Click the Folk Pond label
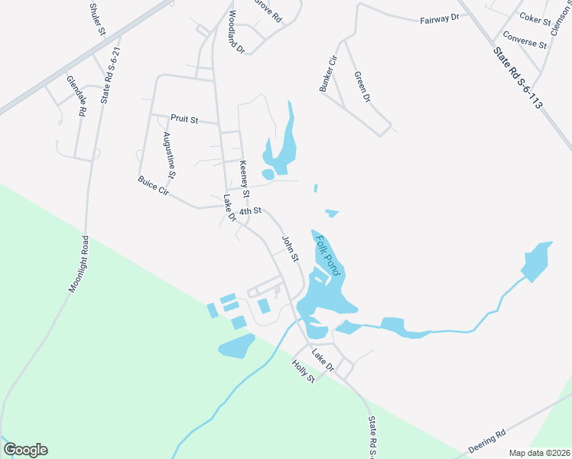pos(326,256)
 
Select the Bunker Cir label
pos(328,73)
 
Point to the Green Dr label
pos(362,87)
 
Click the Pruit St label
pos(184,119)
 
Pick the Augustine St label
pos(170,155)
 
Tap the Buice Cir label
pos(152,186)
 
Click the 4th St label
pos(251,210)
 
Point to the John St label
pos(290,249)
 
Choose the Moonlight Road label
pos(79,265)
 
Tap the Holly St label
pos(304,373)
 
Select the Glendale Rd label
pos(76,95)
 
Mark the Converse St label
pos(525,40)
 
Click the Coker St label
pos(535,18)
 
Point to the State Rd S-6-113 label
pos(518,78)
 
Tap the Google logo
pos(25,450)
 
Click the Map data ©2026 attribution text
pos(540,453)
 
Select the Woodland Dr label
pos(234,32)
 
